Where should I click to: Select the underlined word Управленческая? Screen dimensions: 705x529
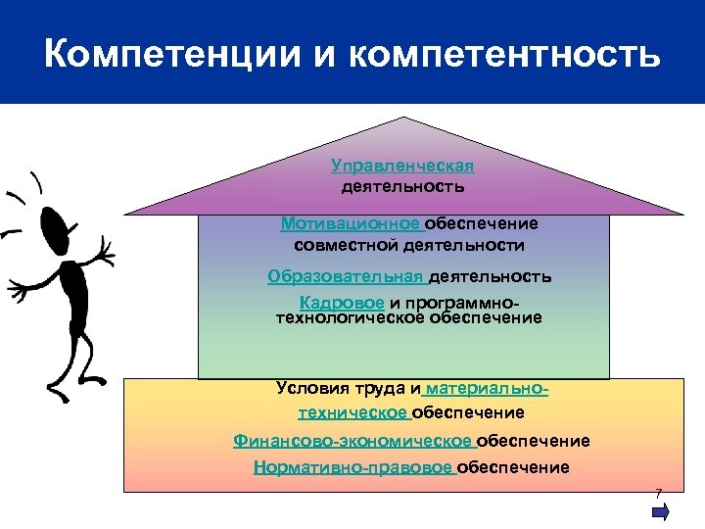tap(402, 166)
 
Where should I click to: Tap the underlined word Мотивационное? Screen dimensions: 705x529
tap(336, 223)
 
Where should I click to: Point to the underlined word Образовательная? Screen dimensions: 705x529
tap(346, 276)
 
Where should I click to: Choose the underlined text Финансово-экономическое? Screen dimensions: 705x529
tap(352, 441)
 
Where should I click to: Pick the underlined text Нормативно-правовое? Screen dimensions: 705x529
tap(352, 467)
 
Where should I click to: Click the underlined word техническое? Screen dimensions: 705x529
tap(352, 412)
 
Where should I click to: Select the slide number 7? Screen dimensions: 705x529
tap(659, 492)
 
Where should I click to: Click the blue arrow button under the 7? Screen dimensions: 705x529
tap(660, 511)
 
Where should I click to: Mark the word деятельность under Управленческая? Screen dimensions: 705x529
tap(402, 184)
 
